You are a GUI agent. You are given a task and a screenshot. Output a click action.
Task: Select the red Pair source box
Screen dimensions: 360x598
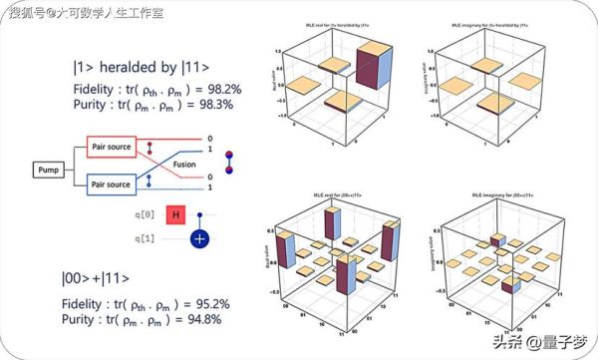113,145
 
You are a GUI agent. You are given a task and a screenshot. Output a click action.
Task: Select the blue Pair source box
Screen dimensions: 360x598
113,184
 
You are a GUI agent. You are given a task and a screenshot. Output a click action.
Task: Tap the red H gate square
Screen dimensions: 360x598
174,215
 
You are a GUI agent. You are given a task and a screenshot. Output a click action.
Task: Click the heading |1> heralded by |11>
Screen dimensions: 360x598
141,67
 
